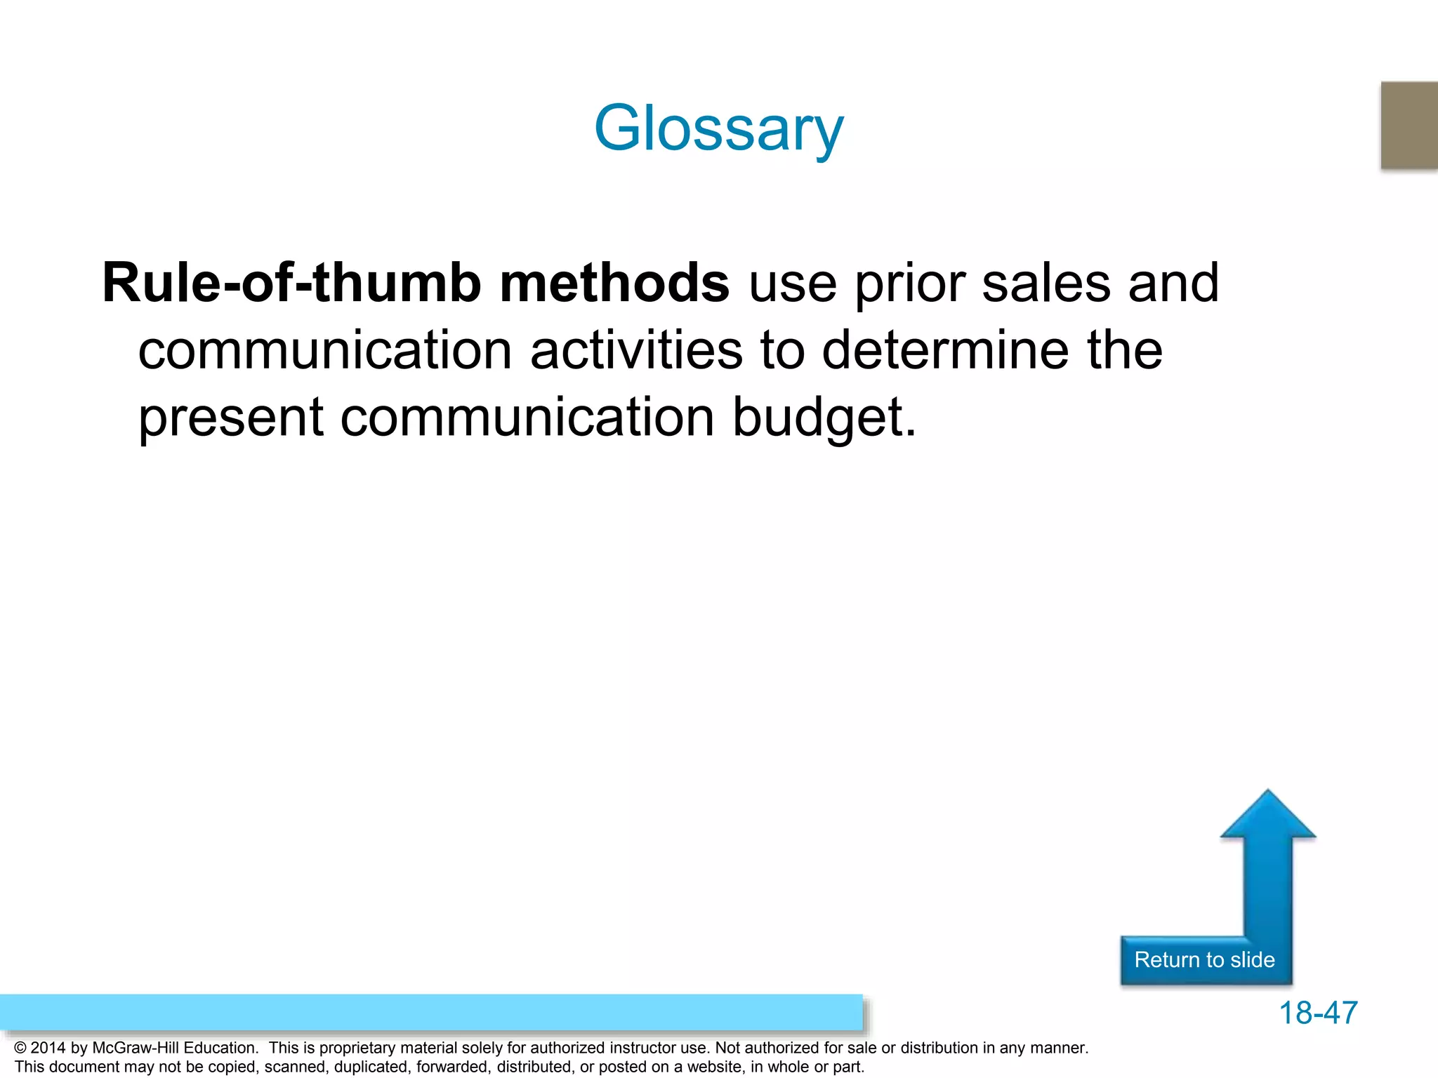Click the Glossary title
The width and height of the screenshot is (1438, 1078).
pos(718,128)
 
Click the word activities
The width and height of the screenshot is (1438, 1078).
pos(636,350)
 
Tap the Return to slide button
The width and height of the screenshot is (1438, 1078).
pos(1204,959)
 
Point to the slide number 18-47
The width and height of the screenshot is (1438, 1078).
pos(1318,1013)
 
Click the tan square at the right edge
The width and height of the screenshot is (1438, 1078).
pos(1409,125)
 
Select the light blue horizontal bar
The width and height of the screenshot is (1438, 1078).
pos(430,1012)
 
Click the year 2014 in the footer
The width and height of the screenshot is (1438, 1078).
pos(48,1048)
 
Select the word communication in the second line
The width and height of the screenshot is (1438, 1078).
pos(325,350)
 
